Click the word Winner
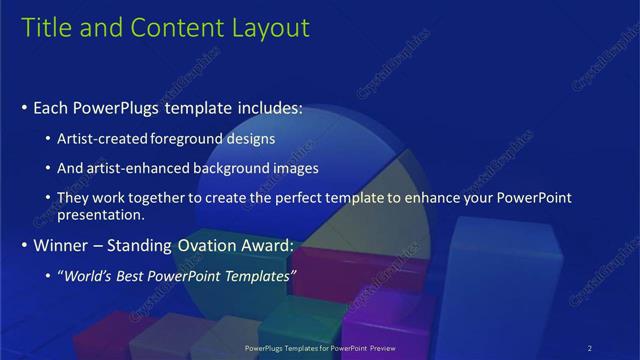tap(59, 244)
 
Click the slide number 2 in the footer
tap(591, 347)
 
